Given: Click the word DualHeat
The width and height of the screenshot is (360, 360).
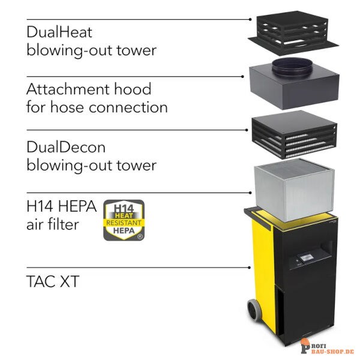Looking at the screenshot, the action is (x=59, y=32).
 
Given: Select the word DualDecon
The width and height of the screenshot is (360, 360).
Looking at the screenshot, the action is (x=66, y=147).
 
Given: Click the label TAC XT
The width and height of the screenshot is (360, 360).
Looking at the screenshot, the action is (x=53, y=281).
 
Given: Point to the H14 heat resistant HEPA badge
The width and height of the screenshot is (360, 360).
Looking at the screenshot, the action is (x=124, y=220).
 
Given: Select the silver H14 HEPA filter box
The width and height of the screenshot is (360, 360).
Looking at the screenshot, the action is (x=294, y=190).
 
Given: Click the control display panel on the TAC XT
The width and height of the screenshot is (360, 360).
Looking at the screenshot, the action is (x=306, y=258).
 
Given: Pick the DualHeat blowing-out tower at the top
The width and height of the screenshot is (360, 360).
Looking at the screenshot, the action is (x=293, y=33).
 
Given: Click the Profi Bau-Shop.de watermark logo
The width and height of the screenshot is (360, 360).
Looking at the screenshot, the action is (x=327, y=347).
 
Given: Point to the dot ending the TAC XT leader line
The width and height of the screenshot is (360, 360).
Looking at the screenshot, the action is (x=250, y=268).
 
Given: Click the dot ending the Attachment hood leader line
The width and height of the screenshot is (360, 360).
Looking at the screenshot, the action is (x=242, y=76).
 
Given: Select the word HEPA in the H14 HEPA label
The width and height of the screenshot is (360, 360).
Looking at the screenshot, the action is (x=77, y=206).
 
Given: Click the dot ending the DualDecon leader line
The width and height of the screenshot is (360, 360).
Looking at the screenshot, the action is (x=247, y=130).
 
